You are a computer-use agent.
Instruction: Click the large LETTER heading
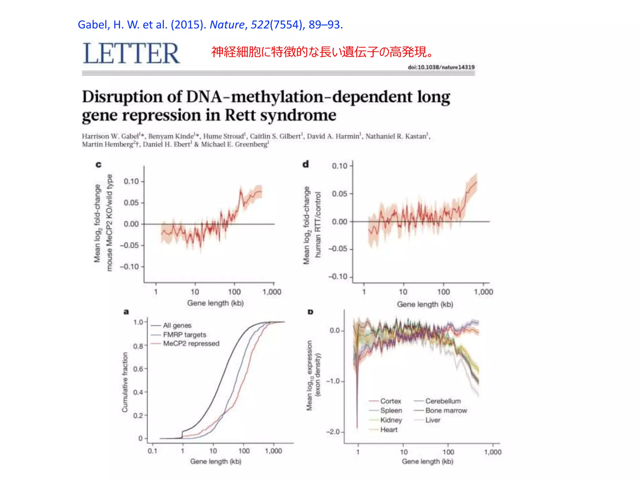(x=131, y=54)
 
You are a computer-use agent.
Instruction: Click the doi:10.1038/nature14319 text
(x=441, y=67)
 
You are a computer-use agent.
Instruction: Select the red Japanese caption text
(x=322, y=52)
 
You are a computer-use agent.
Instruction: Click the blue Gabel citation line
(x=210, y=24)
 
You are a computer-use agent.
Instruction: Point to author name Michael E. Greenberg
(x=235, y=144)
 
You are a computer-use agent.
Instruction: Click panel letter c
(x=99, y=164)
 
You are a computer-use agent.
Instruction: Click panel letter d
(x=305, y=164)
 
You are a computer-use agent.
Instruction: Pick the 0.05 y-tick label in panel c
(x=131, y=203)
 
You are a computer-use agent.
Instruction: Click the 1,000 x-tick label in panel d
(x=483, y=292)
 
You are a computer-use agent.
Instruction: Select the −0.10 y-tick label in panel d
(x=338, y=277)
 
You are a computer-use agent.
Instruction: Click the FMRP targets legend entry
(x=184, y=335)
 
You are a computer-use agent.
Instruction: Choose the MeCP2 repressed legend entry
(x=191, y=344)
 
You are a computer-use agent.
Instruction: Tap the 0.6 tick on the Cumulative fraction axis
(x=138, y=369)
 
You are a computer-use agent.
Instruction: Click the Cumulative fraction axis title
(x=125, y=382)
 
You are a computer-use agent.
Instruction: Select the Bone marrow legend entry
(x=446, y=411)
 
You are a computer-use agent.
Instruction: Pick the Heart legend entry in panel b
(x=389, y=430)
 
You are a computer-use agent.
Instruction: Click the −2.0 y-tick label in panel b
(x=335, y=432)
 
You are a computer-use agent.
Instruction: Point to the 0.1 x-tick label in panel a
(x=152, y=451)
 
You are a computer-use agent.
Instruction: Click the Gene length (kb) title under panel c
(x=215, y=303)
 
